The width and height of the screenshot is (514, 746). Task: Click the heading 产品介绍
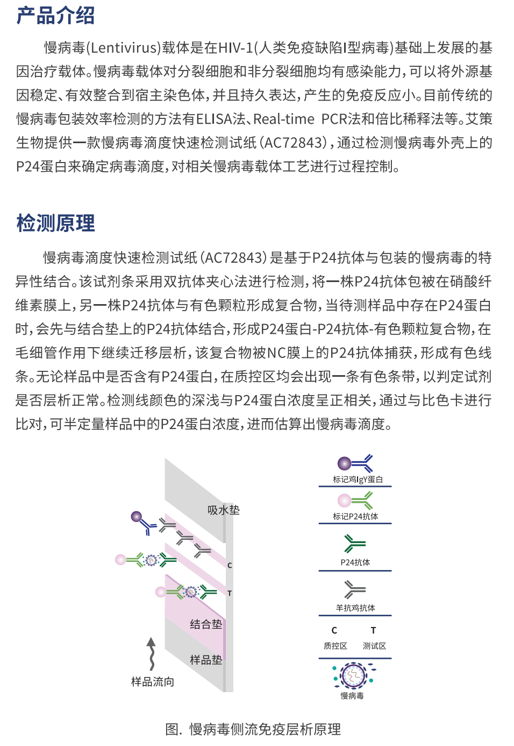click(x=55, y=15)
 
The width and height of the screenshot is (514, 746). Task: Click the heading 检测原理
click(x=55, y=223)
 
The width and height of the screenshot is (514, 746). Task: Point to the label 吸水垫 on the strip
click(x=223, y=510)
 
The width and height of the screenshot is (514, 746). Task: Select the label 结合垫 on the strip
click(x=206, y=624)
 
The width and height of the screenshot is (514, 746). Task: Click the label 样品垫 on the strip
click(x=206, y=659)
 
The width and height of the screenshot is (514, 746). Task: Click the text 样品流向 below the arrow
click(x=153, y=681)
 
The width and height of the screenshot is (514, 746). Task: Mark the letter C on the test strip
click(x=230, y=565)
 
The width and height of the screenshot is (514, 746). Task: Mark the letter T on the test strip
click(x=230, y=593)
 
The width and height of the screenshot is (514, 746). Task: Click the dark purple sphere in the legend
click(x=344, y=463)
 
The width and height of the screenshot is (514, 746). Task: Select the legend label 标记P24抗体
click(x=355, y=516)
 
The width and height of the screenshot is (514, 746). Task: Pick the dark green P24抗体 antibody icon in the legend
click(x=354, y=544)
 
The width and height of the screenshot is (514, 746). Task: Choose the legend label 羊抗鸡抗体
click(x=355, y=608)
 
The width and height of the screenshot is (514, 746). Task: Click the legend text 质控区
click(x=335, y=645)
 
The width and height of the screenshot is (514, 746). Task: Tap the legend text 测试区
click(x=374, y=645)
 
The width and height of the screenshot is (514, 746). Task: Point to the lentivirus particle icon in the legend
click(x=353, y=675)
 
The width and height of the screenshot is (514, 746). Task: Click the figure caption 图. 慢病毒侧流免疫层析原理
click(x=253, y=729)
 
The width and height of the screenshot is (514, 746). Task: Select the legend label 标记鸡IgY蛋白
click(x=358, y=479)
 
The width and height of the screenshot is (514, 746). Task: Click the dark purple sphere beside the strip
click(x=137, y=517)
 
